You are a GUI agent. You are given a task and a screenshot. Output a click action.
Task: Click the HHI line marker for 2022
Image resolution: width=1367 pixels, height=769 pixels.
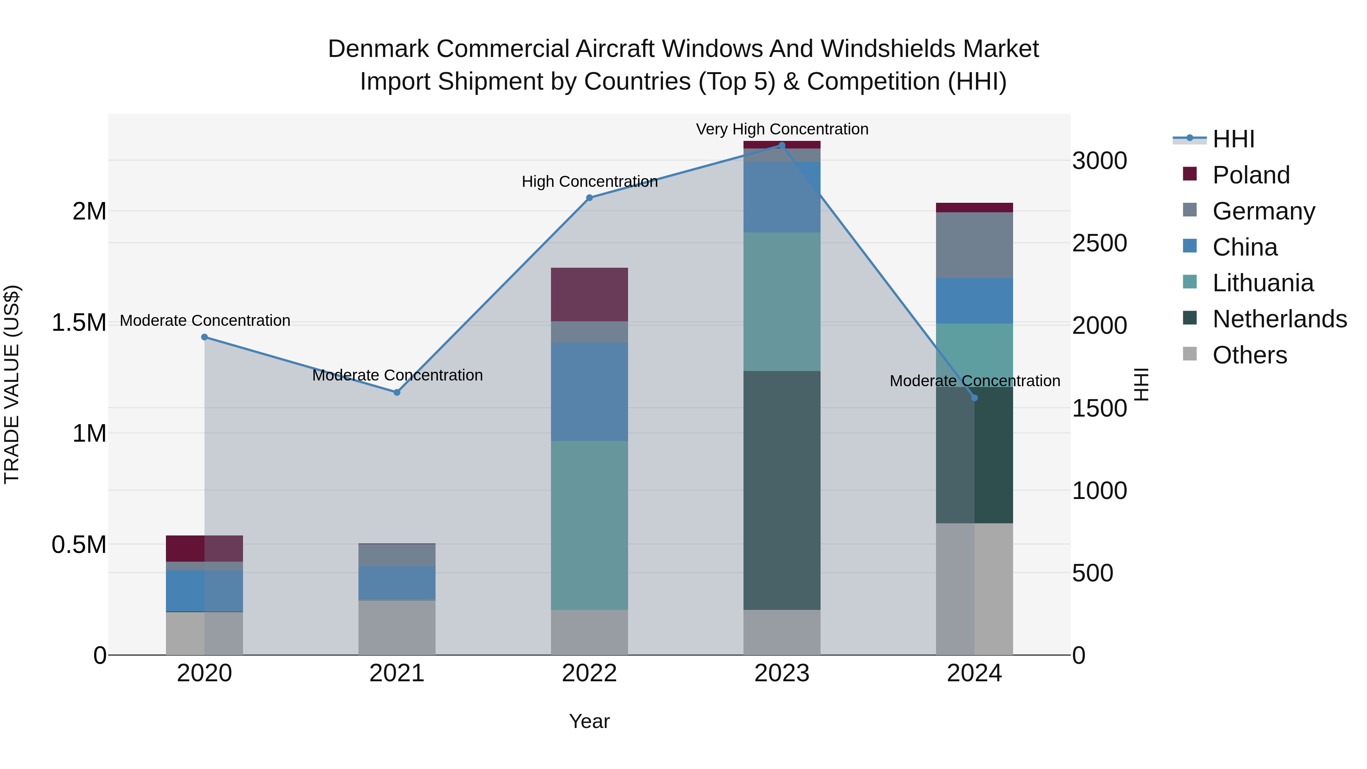click(x=589, y=198)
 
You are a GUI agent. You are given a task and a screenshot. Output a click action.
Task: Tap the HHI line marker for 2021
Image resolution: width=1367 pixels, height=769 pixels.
click(x=396, y=392)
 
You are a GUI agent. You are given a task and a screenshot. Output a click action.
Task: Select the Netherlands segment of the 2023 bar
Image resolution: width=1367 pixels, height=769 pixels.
click(x=782, y=490)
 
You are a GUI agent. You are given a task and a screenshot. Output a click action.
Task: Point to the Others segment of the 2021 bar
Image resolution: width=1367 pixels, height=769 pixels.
click(x=396, y=627)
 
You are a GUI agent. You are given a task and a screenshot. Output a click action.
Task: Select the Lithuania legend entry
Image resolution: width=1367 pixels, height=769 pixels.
click(x=1263, y=283)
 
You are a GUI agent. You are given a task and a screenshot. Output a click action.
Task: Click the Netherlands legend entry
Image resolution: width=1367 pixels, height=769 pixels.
click(x=1279, y=319)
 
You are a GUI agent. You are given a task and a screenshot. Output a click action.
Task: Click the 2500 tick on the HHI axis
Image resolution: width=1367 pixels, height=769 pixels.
click(x=1099, y=243)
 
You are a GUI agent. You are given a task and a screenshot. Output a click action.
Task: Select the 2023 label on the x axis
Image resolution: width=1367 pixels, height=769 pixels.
click(x=782, y=673)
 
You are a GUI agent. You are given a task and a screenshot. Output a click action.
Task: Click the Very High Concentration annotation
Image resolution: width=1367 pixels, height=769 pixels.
click(x=782, y=129)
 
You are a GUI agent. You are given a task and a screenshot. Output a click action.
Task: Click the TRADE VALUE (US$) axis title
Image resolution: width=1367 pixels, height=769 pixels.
click(x=12, y=384)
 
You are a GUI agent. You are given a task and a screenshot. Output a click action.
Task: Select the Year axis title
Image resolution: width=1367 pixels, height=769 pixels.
click(x=589, y=721)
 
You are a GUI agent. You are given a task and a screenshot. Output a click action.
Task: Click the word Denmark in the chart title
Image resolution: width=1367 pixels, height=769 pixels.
click(x=378, y=49)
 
